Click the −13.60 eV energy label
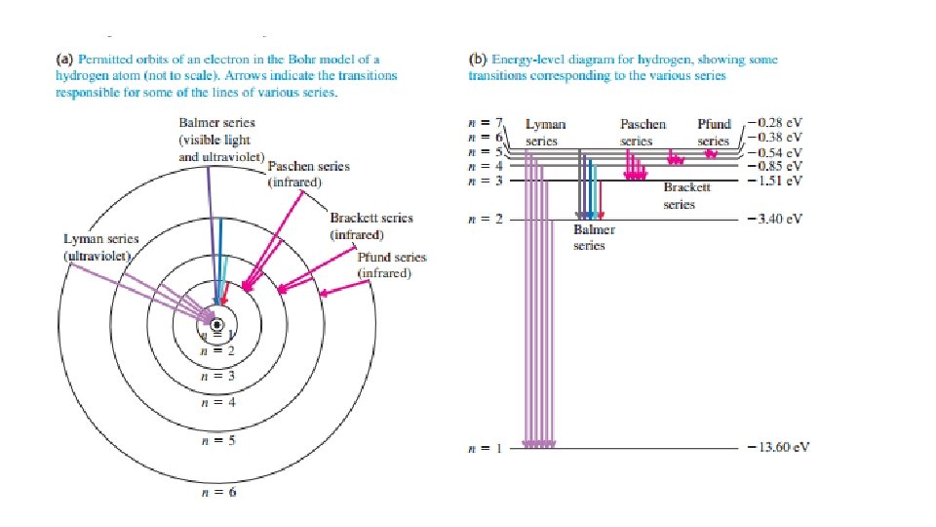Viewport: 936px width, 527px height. click(x=778, y=448)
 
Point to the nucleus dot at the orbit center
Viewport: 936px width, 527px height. click(x=216, y=325)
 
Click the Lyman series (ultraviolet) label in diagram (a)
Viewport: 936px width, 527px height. click(x=100, y=247)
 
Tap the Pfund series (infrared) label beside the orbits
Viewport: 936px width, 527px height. click(x=391, y=265)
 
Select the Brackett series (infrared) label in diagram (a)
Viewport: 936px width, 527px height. click(x=370, y=226)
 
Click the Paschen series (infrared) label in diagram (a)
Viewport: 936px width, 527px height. click(x=308, y=174)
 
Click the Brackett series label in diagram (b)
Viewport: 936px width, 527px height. click(x=679, y=196)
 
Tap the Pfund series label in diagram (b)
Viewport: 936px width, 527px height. click(x=714, y=133)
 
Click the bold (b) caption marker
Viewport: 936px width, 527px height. click(x=478, y=60)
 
